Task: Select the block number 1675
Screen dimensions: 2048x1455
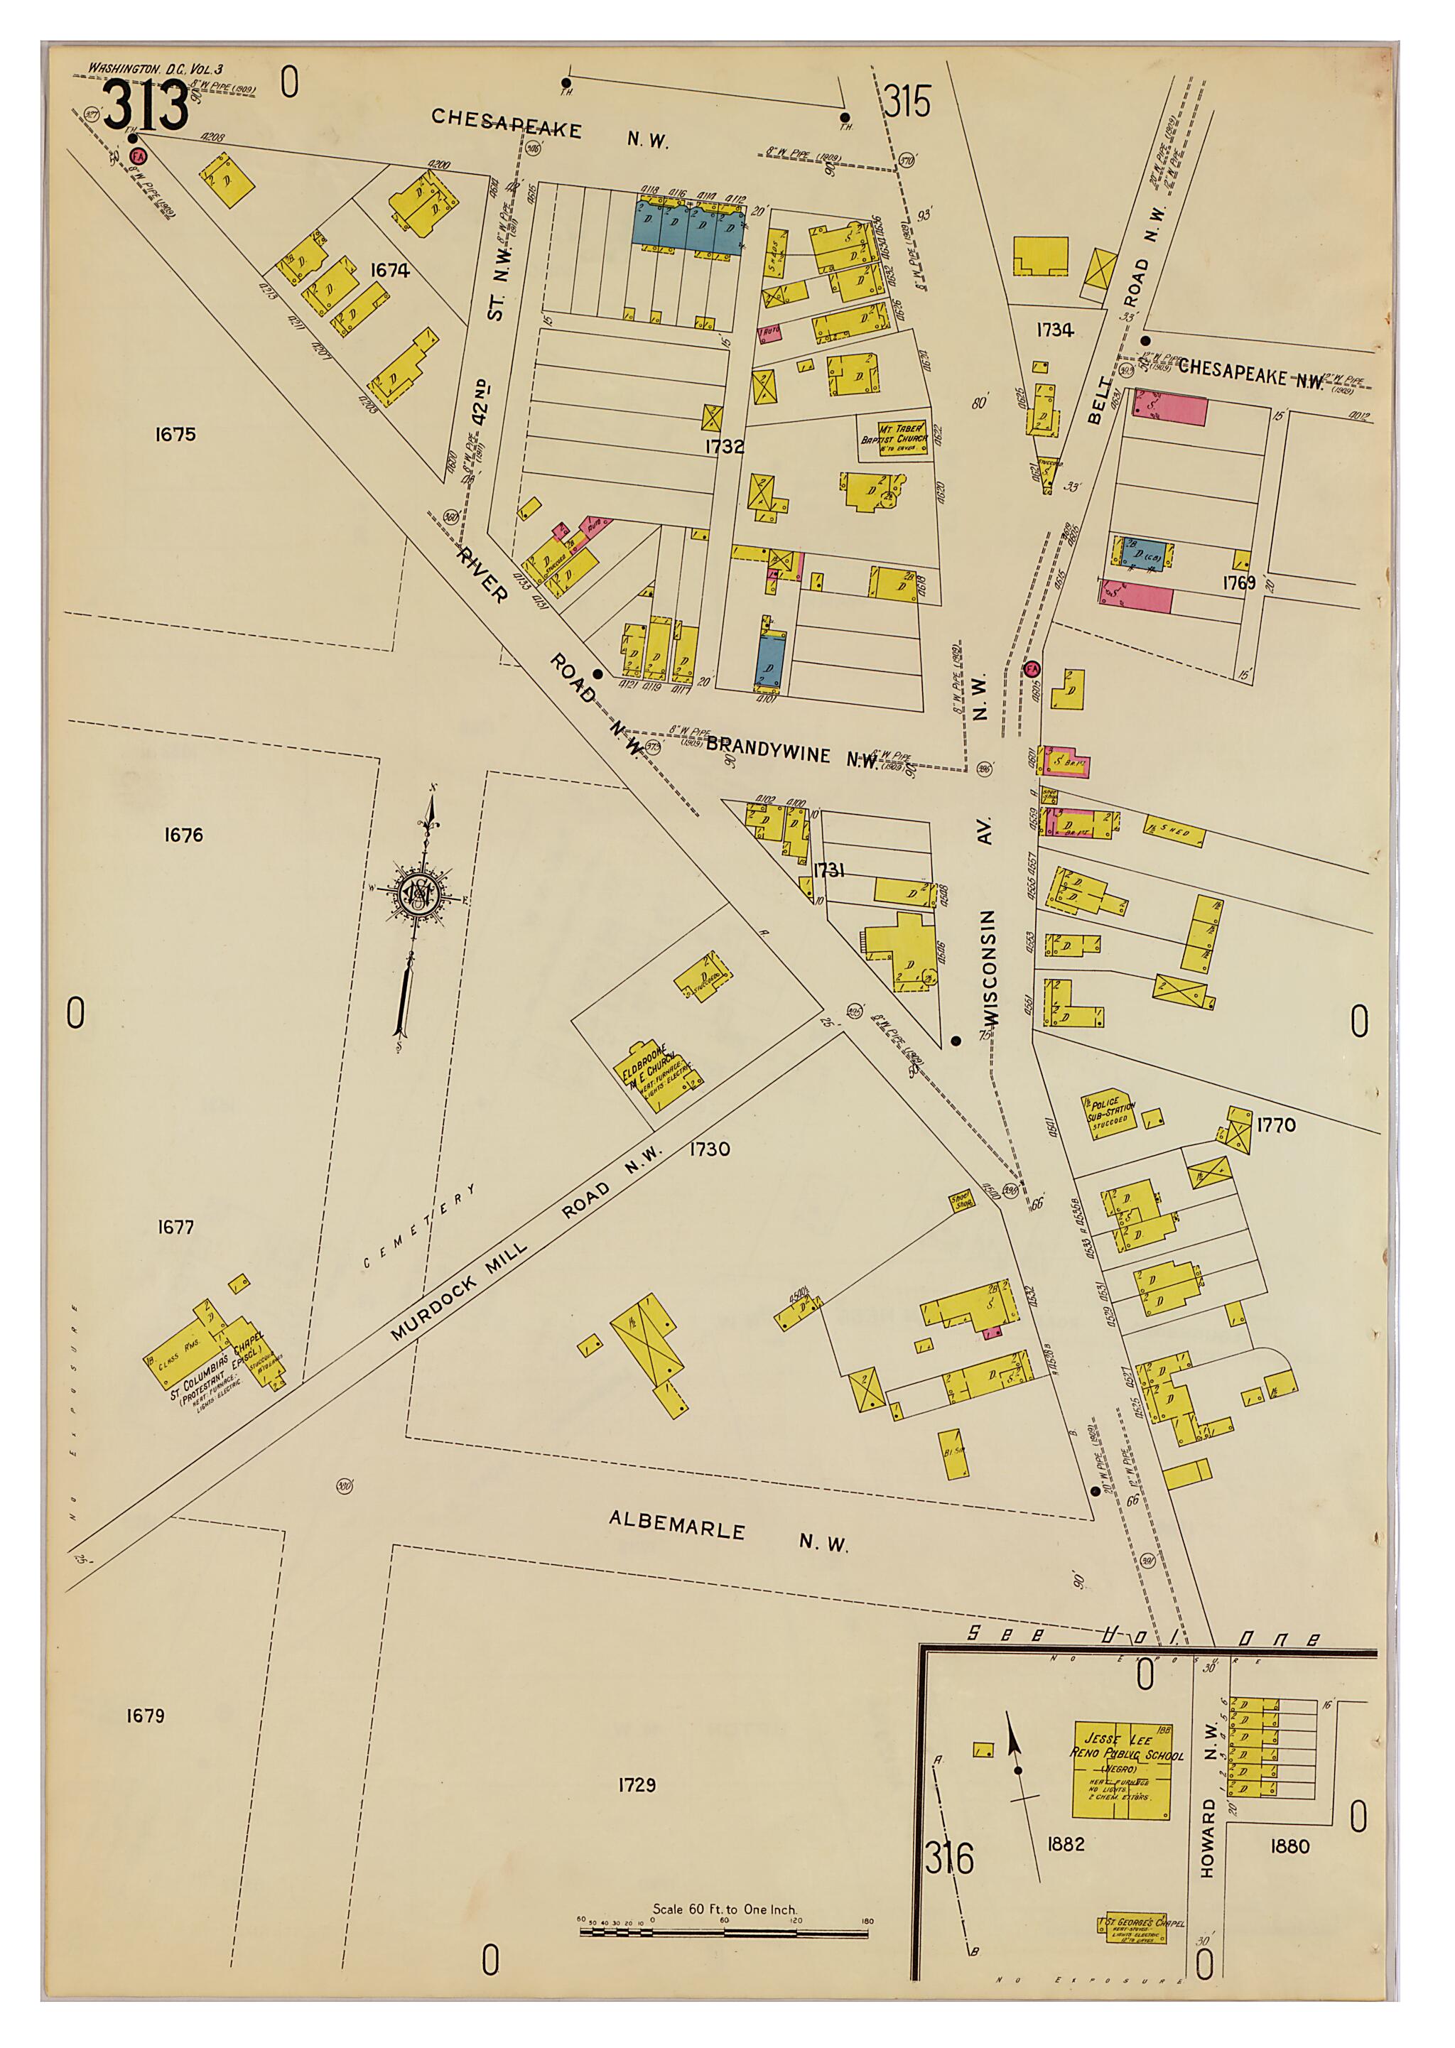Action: (175, 435)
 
